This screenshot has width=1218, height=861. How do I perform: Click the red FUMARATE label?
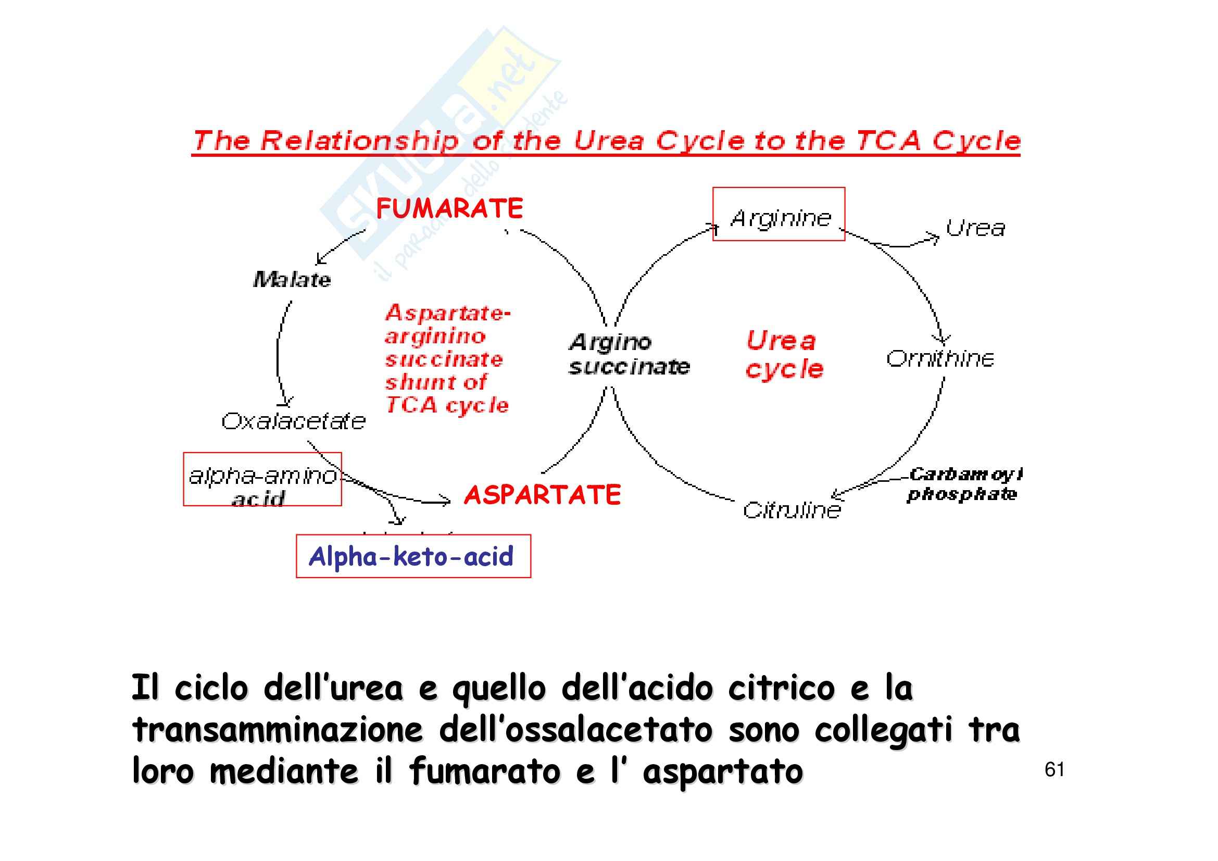[x=449, y=208]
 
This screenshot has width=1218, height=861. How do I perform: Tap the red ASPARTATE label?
[x=542, y=495]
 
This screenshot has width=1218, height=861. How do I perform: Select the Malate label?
[x=292, y=280]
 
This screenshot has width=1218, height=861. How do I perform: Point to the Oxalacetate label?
[x=293, y=422]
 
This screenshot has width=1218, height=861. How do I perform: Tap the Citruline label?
[x=792, y=510]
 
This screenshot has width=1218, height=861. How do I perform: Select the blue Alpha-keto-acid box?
[x=413, y=556]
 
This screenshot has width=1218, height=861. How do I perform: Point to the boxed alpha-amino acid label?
[x=262, y=480]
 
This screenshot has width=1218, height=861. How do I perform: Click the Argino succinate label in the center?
[x=629, y=354]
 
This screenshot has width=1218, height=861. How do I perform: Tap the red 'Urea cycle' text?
[x=784, y=354]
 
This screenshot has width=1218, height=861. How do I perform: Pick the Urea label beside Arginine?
[x=975, y=229]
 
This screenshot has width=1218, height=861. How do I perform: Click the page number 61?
[x=1054, y=770]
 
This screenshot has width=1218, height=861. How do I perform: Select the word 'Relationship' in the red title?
[x=360, y=141]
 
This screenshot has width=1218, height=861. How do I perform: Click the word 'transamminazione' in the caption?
[x=277, y=730]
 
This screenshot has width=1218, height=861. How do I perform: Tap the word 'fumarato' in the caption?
[x=485, y=771]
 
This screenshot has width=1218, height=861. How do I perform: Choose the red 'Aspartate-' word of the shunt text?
[x=447, y=313]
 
